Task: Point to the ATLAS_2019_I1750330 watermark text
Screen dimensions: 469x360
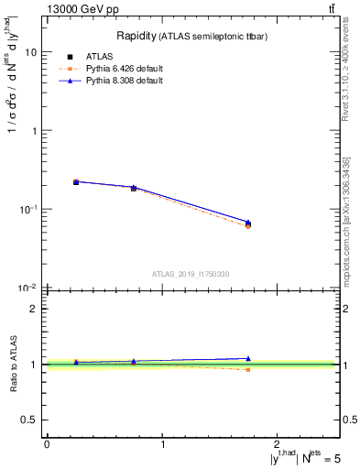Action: point(191,273)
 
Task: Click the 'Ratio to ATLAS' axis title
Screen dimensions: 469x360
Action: point(16,365)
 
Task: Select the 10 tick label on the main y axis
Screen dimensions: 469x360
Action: point(31,52)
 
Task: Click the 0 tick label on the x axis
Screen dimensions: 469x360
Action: point(47,443)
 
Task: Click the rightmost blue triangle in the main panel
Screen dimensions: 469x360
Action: point(248,222)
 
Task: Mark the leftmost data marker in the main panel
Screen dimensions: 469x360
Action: point(76,182)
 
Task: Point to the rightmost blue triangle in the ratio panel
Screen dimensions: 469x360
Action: point(248,358)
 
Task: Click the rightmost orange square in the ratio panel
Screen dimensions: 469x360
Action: point(248,369)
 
